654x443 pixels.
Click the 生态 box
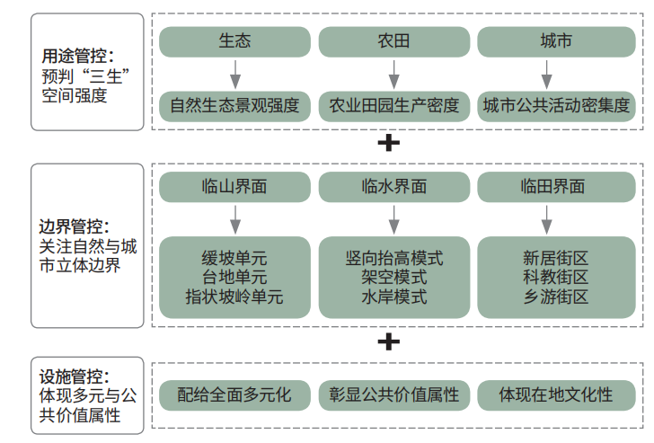coord(234,41)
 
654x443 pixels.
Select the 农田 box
coord(394,41)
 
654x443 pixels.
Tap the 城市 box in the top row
coord(556,41)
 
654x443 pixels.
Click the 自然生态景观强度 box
coord(234,106)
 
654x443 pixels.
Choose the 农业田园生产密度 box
coord(394,106)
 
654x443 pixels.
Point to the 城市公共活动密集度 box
coord(556,106)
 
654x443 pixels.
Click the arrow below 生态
coord(235,75)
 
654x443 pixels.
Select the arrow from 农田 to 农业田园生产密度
coord(394,75)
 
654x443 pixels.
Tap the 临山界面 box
coord(234,187)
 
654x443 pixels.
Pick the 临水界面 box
coord(394,187)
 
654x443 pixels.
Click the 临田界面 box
coord(556,187)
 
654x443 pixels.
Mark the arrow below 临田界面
coord(547,220)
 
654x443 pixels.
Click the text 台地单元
coord(234,277)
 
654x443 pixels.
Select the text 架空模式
coord(394,277)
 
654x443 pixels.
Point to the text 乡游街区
coord(556,297)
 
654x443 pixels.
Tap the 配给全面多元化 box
coord(234,395)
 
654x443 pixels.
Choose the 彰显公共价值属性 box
coord(394,395)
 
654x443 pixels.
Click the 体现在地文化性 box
coord(556,395)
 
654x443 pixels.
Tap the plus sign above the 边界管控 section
coord(389,143)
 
